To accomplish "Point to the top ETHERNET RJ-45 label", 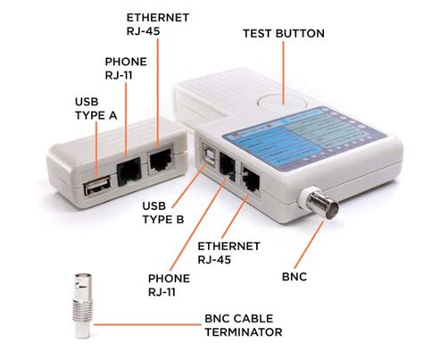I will pos(157,24).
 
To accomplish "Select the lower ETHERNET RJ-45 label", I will pos(228,253).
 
